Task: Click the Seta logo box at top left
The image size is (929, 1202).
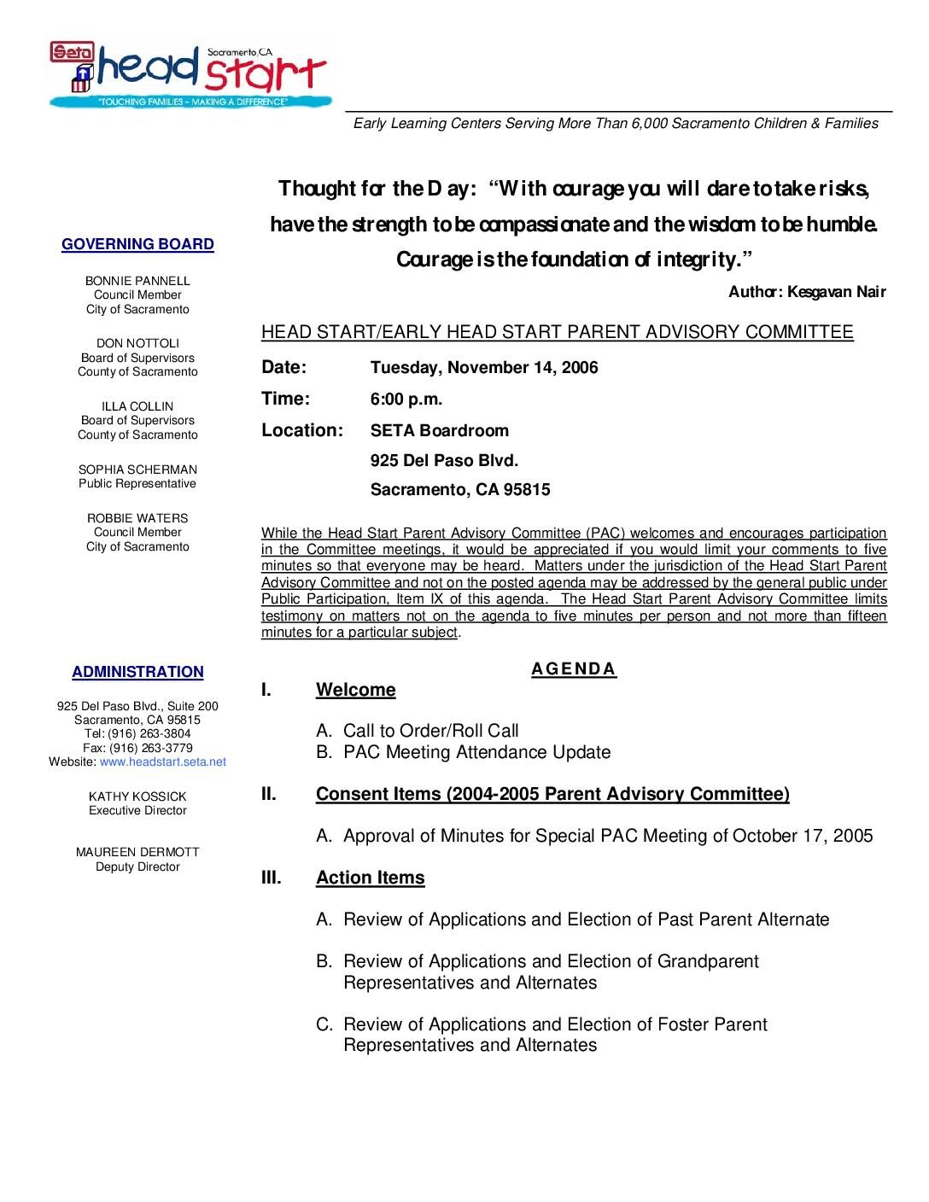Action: (x=67, y=52)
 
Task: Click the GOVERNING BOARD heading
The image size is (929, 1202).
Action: (x=137, y=245)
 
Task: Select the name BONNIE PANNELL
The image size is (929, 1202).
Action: (x=137, y=281)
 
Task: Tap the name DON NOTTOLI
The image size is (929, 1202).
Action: (x=137, y=343)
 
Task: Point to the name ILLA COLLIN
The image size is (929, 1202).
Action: (x=137, y=406)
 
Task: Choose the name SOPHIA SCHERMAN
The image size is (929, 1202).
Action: (x=137, y=470)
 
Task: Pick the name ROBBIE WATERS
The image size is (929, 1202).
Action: (x=137, y=518)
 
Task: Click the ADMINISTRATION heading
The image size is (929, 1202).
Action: (x=137, y=673)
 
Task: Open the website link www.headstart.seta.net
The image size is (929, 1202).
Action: (x=163, y=761)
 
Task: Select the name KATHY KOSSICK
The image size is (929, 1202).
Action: (x=137, y=796)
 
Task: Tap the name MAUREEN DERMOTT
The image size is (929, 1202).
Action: (x=137, y=852)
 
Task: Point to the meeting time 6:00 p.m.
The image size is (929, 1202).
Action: (x=406, y=399)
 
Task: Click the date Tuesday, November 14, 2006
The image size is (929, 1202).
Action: (x=484, y=368)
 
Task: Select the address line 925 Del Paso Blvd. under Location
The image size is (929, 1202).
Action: (x=444, y=461)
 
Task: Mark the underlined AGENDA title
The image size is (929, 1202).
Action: (x=574, y=668)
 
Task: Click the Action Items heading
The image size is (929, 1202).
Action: (x=370, y=878)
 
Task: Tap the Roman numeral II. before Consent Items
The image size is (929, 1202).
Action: (x=269, y=794)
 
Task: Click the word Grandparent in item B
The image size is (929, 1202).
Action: (x=708, y=961)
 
